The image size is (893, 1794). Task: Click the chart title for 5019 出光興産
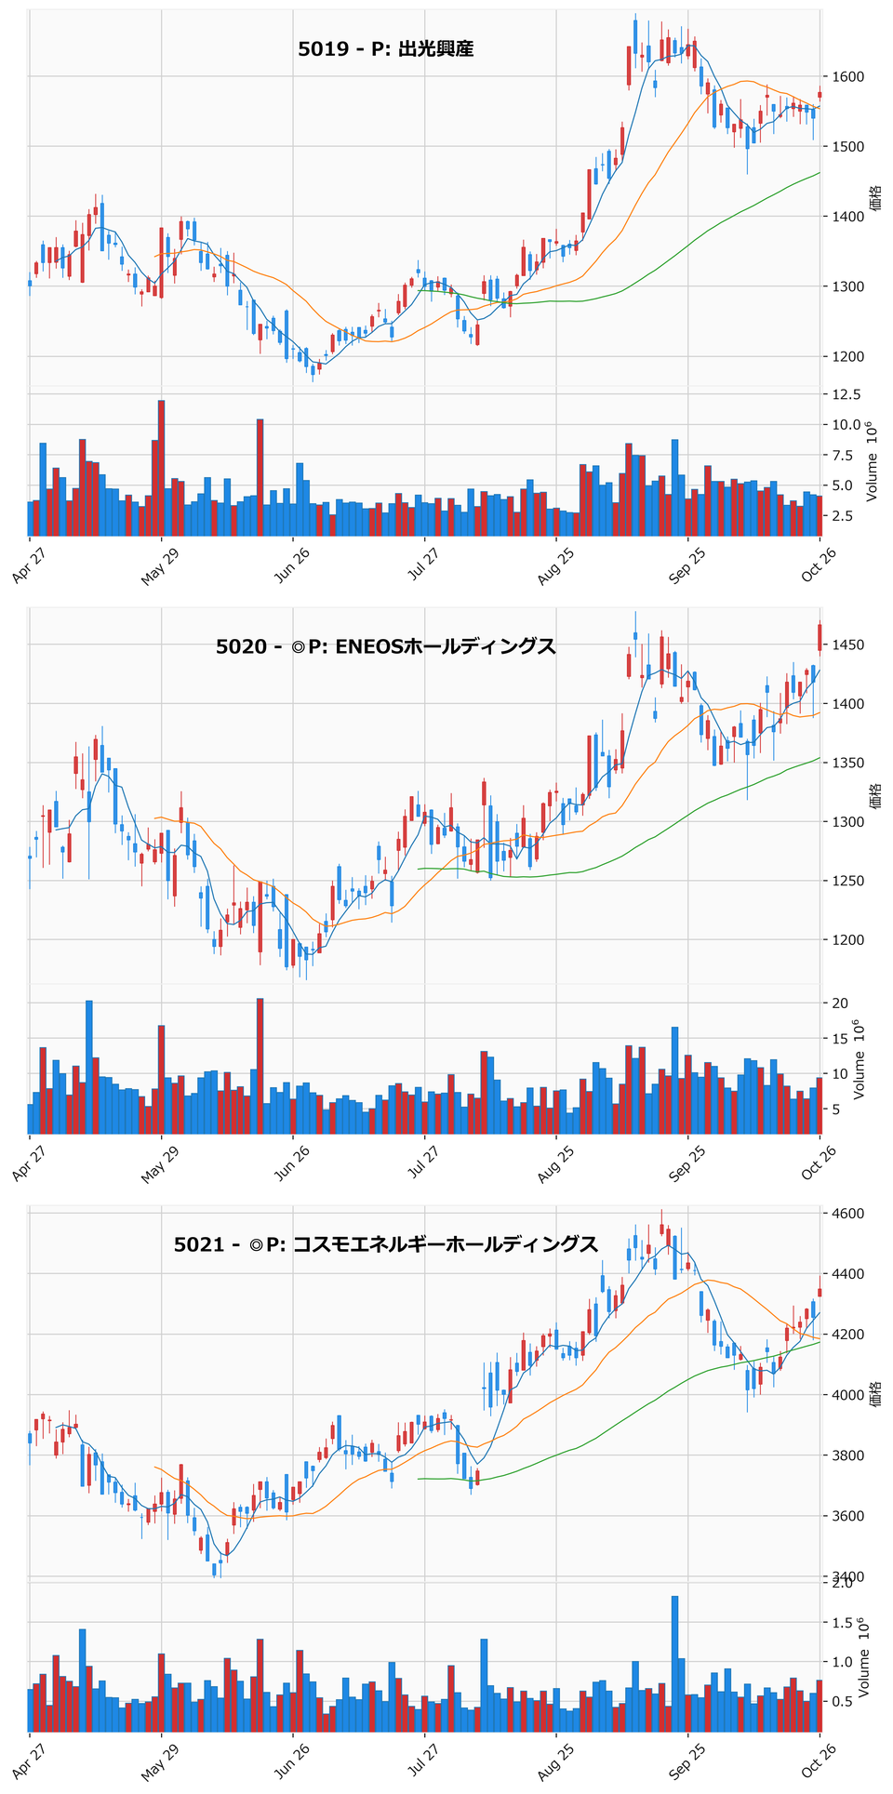[x=386, y=49]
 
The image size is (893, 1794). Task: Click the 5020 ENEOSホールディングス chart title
[x=386, y=646]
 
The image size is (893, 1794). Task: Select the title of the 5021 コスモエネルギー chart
[x=386, y=1244]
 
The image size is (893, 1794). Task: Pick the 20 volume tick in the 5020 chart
[x=839, y=1003]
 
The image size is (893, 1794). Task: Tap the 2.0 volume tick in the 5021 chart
[x=843, y=1584]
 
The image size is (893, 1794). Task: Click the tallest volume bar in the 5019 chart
[x=162, y=469]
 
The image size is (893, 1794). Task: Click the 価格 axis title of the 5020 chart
[x=874, y=796]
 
